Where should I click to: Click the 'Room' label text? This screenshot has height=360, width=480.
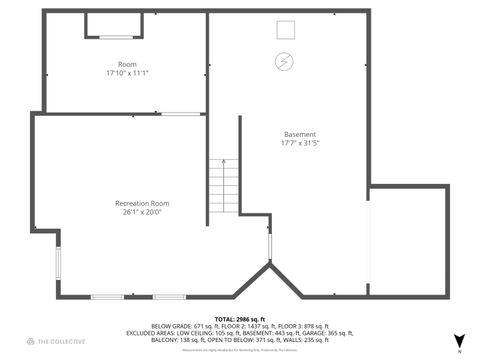pos(127,64)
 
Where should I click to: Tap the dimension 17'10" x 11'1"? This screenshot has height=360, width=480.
pos(127,73)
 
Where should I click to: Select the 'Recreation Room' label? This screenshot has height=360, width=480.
pos(141,203)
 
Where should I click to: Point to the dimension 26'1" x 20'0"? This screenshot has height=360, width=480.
pos(141,212)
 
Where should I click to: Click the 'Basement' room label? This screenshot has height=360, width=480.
pos(300,134)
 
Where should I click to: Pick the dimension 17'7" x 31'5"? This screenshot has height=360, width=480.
pos(300,143)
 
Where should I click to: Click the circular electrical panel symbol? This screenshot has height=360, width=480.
pos(285,60)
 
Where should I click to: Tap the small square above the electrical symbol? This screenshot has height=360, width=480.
pos(285,29)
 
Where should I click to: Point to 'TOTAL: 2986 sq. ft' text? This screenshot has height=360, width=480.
pos(240,318)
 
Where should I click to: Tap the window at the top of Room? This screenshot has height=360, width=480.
pos(114,37)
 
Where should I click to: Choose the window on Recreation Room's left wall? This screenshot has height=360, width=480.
pos(58,264)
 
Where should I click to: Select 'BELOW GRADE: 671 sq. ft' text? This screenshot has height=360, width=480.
pos(182,326)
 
